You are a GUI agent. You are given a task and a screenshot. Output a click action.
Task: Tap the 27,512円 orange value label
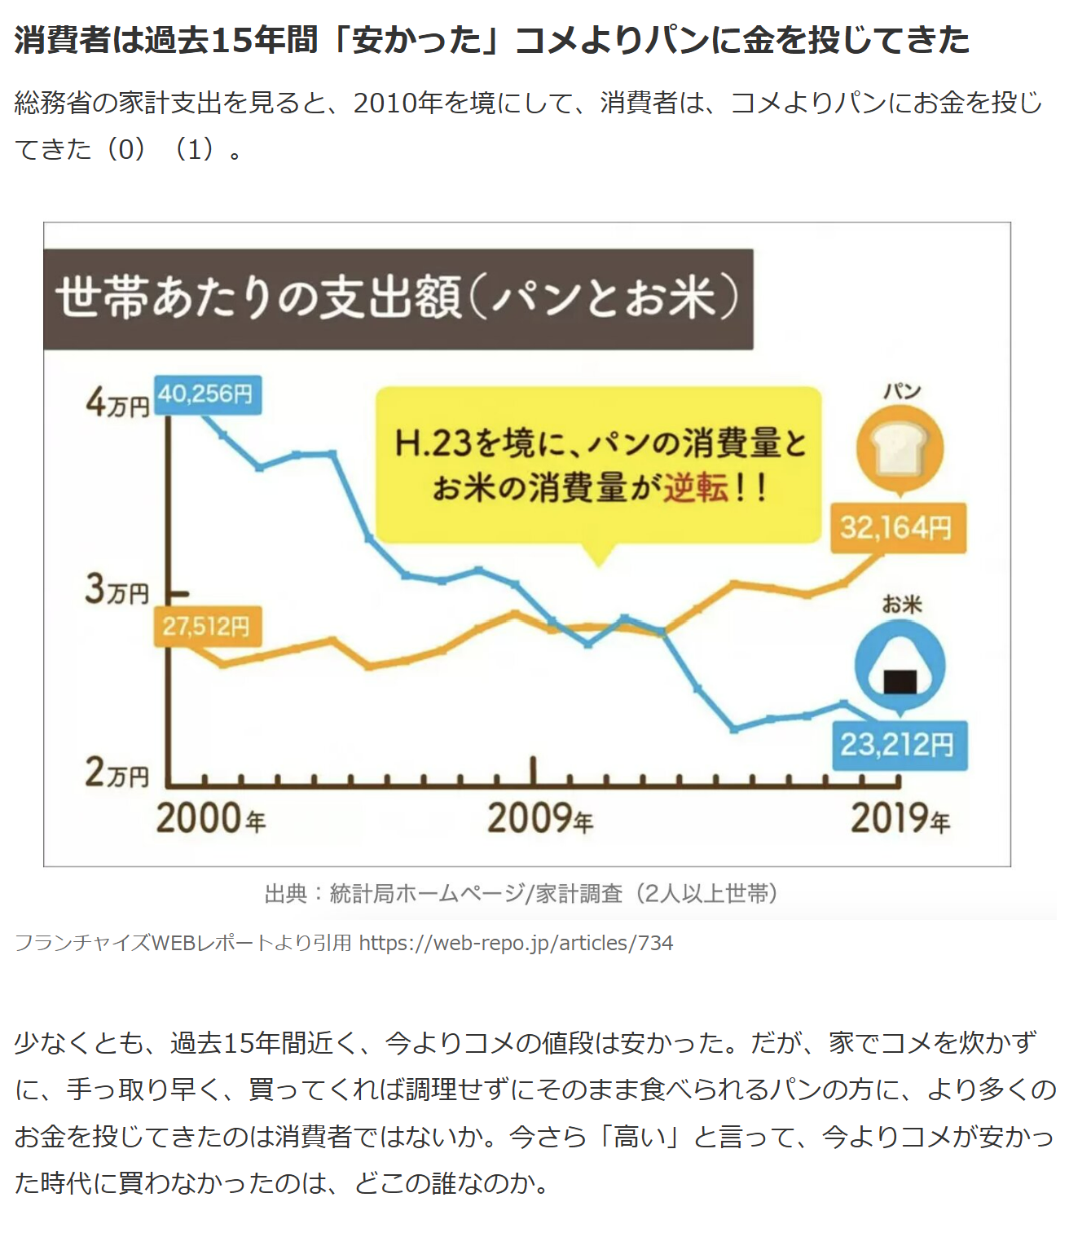[x=207, y=626]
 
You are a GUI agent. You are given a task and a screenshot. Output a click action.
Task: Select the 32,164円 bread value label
[x=897, y=528]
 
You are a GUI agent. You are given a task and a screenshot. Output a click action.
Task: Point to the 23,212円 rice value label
[x=898, y=745]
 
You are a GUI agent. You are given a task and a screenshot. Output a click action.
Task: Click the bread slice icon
[x=900, y=450]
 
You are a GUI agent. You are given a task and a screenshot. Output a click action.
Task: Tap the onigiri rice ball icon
[x=900, y=667]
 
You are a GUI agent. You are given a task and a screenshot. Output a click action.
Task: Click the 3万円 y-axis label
[x=117, y=589]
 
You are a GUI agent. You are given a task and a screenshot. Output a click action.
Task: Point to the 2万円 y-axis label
[x=117, y=773]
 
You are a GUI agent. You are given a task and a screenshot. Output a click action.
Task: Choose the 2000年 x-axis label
[x=211, y=819]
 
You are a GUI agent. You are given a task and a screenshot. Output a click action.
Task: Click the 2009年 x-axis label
[x=540, y=819]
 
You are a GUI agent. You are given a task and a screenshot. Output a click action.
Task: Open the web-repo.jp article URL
[x=516, y=944]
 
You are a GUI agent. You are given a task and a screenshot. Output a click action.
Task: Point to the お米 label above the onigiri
[x=901, y=605]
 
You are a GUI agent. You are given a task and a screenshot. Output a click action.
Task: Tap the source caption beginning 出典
[x=521, y=894]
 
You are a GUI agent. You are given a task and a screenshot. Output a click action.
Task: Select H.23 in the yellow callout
[x=433, y=444]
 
